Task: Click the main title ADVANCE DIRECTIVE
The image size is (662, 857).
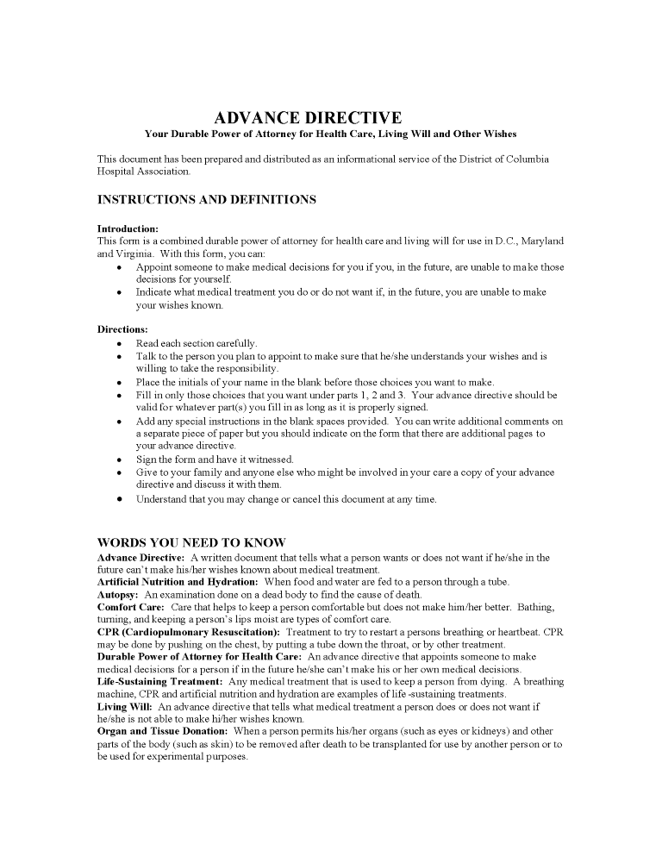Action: [307, 117]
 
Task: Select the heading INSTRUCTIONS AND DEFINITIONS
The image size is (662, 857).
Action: [206, 200]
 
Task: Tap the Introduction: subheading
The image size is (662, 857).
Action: [128, 228]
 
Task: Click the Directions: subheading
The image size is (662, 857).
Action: [122, 329]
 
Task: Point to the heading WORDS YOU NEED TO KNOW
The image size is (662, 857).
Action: [190, 543]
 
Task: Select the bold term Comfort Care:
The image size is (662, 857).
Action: [131, 607]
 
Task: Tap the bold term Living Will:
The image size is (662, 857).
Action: [124, 706]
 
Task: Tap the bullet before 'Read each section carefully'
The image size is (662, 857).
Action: [118, 343]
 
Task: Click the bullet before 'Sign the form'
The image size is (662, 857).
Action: [118, 460]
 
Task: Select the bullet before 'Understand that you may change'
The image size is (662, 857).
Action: [118, 499]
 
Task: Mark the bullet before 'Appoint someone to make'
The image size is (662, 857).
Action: [118, 267]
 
